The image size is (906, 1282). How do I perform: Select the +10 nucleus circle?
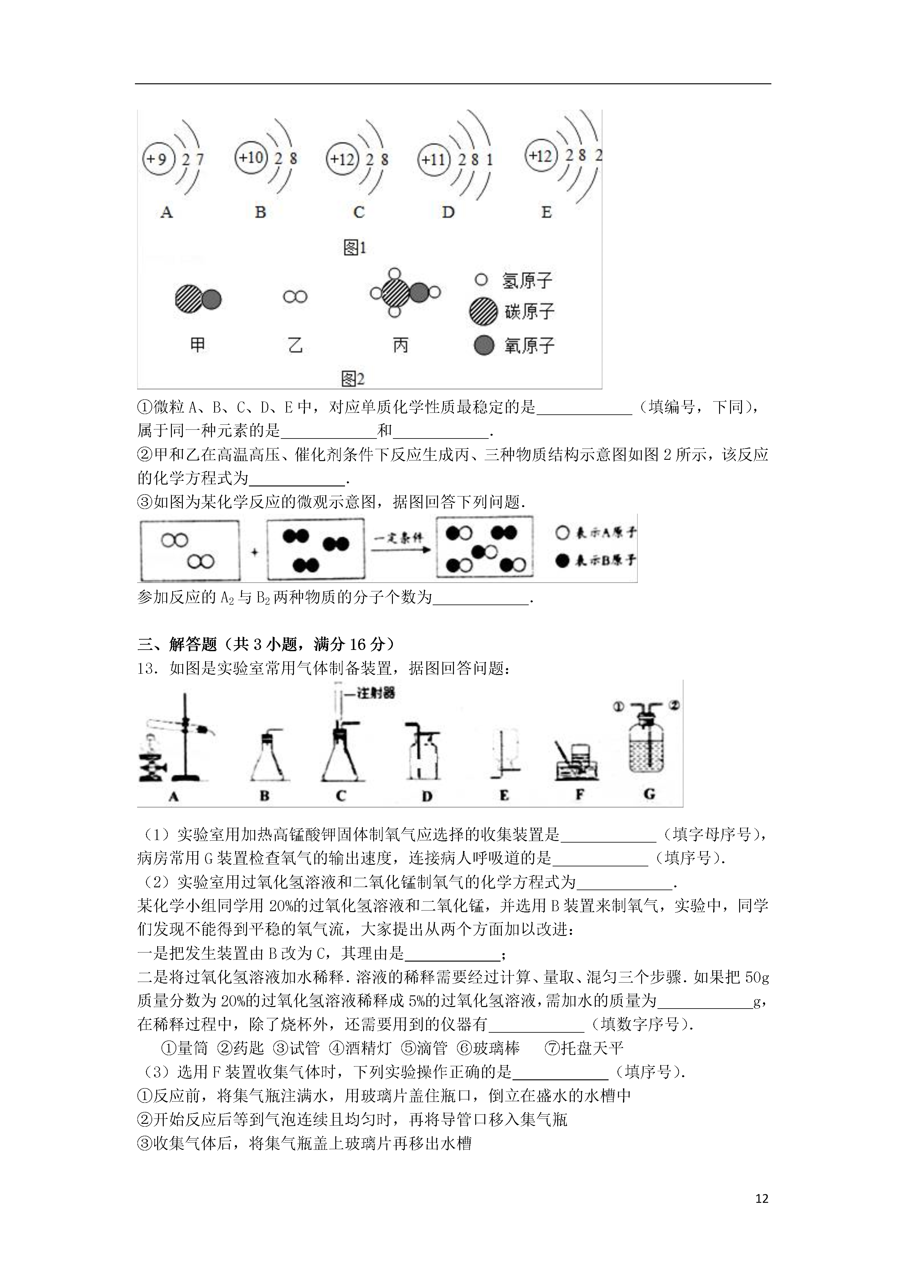coord(251,158)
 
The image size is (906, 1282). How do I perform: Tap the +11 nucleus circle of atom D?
coord(434,160)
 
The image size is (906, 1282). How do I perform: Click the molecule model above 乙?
coord(295,297)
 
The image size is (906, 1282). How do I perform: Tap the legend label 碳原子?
coord(529,312)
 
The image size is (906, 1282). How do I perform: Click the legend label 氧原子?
coord(529,345)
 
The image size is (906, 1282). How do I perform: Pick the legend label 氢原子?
coord(527,280)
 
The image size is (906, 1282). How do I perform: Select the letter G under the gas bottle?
coord(649,794)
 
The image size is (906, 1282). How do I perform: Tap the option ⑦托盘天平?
coord(584,1048)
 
